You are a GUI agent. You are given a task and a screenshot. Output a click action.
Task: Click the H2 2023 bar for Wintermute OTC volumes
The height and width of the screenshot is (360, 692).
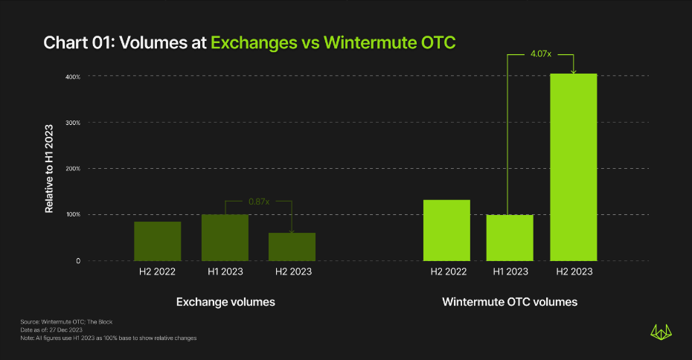coord(573,167)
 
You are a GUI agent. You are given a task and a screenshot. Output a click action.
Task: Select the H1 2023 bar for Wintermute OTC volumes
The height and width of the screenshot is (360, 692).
coord(510,237)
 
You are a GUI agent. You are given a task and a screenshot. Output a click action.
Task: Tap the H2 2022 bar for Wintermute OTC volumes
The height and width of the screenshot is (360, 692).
coord(446,230)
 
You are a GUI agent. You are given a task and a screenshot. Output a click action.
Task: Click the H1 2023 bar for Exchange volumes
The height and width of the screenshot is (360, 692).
coord(225,237)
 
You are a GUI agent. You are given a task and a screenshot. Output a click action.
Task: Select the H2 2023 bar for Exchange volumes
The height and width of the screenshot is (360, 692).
coord(292,246)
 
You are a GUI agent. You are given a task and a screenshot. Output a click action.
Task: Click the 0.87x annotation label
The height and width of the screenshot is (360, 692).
coord(258,201)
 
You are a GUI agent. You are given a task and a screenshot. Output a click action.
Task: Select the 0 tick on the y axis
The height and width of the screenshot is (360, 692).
coord(77,261)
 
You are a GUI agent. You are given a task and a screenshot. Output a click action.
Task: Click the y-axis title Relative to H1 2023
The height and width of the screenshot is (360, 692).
coord(49,169)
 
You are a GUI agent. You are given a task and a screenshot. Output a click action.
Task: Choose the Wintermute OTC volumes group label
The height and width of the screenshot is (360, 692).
coord(510,303)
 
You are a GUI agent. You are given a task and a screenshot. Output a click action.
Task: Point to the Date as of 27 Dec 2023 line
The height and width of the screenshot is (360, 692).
coord(51,330)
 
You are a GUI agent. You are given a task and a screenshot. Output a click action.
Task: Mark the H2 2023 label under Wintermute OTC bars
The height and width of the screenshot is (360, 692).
coord(574,272)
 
